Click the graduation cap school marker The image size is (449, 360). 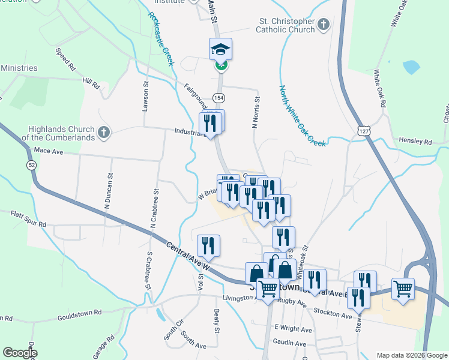(220, 49)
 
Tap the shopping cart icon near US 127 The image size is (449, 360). (403, 289)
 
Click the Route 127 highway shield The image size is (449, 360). (362, 130)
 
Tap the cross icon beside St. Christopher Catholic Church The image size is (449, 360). (324, 25)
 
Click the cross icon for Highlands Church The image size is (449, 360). (103, 132)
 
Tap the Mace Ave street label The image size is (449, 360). (49, 152)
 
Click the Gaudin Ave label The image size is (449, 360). (290, 343)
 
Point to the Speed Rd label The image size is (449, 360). (64, 58)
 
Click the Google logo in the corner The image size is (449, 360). (20, 353)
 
